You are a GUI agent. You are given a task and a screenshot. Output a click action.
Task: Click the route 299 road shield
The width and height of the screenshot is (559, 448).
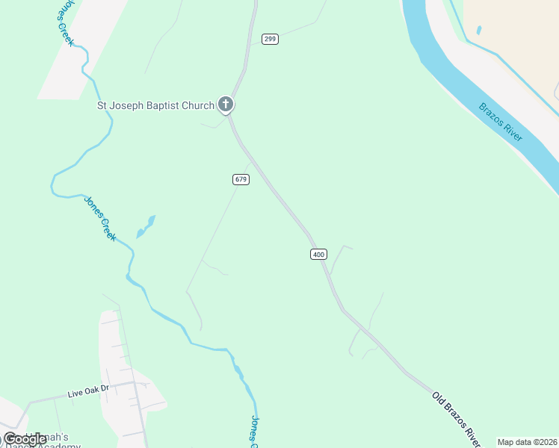(270, 39)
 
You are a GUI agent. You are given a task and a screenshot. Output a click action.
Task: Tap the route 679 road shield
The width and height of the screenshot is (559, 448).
(241, 179)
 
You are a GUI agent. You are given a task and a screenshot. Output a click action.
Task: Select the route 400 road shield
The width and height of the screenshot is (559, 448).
(318, 255)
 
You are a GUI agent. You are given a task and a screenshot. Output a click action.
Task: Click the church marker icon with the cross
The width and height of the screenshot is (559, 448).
(226, 105)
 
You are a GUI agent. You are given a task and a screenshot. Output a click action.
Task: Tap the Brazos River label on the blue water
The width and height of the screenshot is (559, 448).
(500, 122)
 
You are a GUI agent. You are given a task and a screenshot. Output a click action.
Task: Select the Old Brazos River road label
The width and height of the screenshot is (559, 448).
(456, 419)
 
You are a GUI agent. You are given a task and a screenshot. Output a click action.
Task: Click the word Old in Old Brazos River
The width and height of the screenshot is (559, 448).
(439, 401)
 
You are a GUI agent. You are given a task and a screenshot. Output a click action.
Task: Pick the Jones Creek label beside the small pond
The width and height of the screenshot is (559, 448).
(99, 217)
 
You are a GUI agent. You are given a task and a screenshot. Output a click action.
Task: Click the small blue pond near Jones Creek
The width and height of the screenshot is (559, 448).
(145, 227)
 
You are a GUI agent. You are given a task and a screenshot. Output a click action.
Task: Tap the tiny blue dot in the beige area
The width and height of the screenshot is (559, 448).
(478, 31)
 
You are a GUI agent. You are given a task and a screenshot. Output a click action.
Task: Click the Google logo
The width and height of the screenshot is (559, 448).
(25, 439)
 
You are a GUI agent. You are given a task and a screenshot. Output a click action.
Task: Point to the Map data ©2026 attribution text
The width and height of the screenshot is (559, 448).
(527, 442)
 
